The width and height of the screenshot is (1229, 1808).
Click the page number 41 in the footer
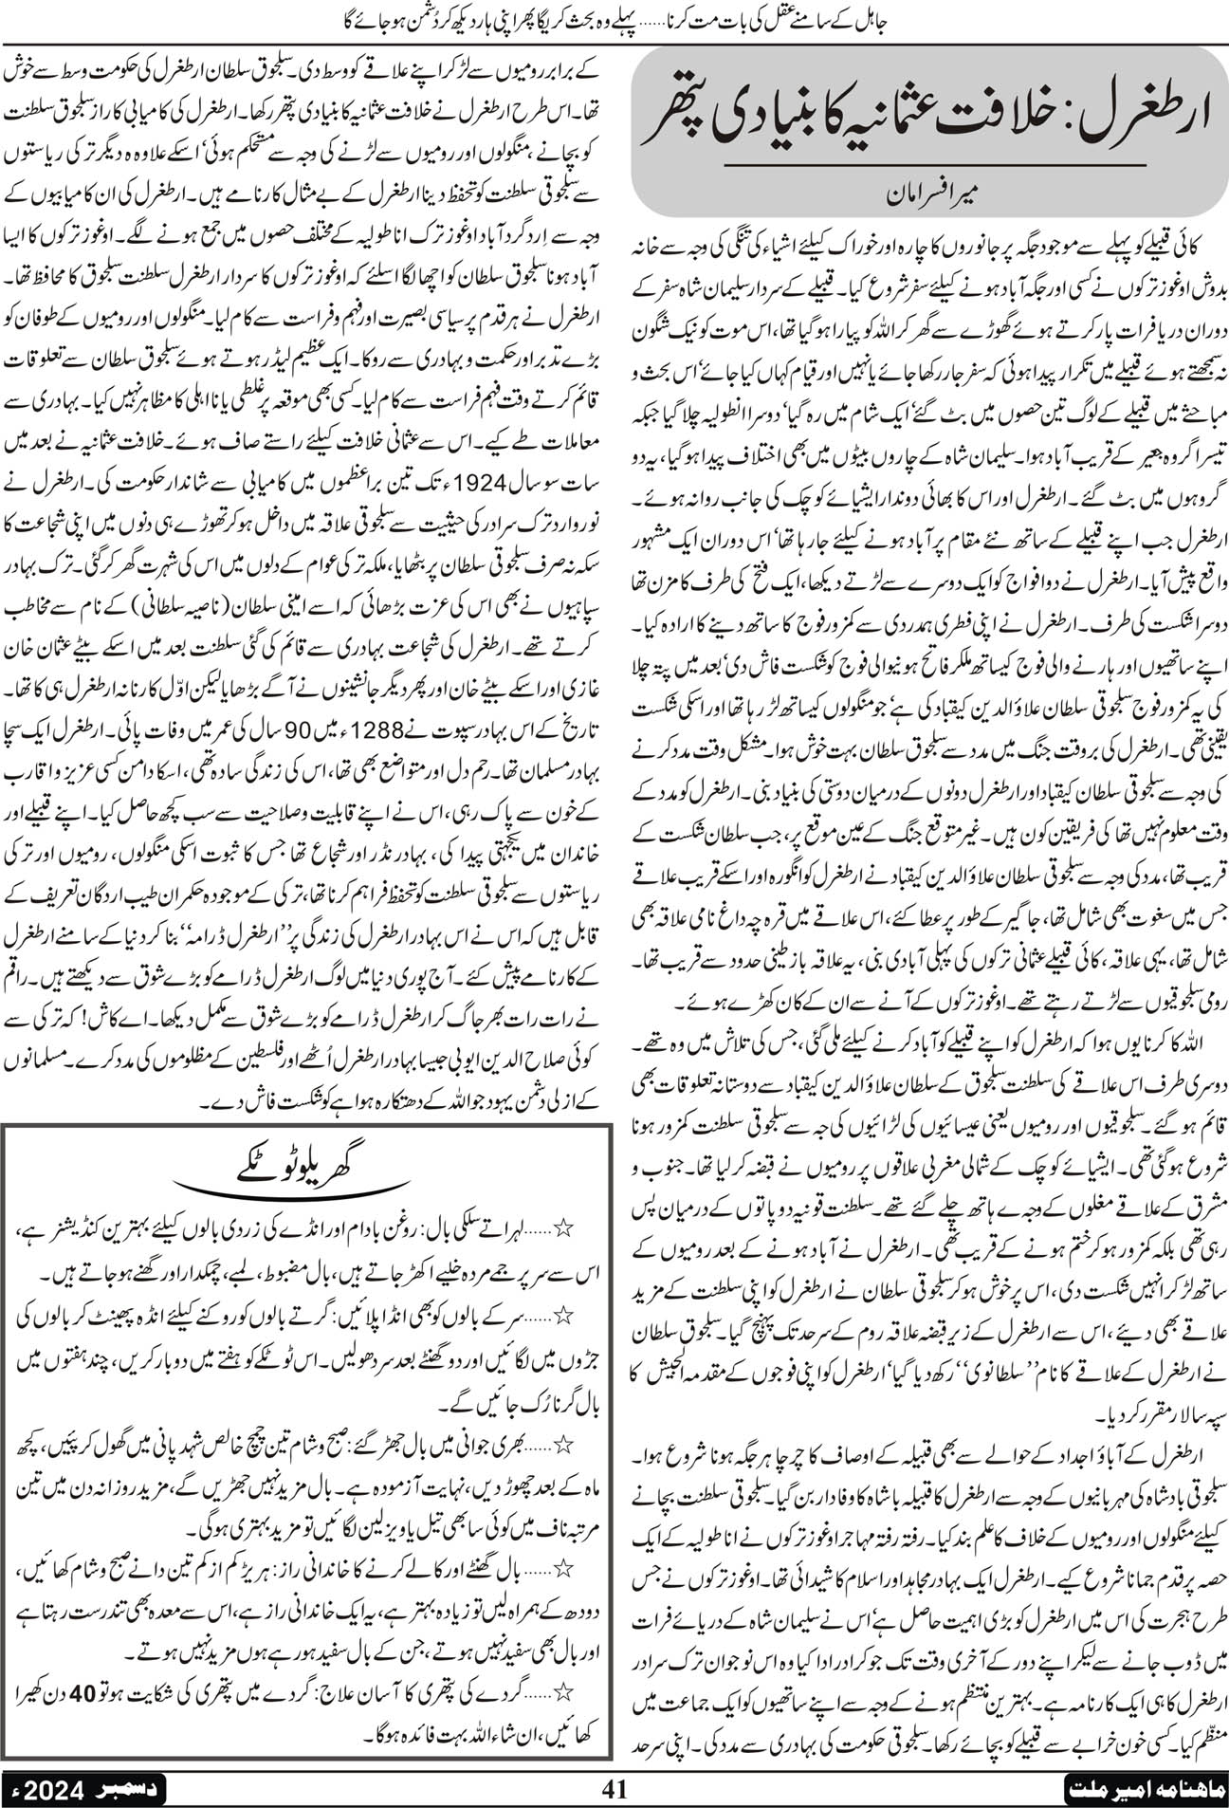coord(614,1789)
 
